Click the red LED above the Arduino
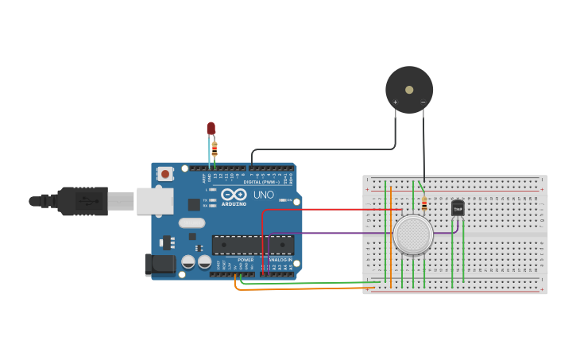(211, 127)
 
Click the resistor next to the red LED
(215, 149)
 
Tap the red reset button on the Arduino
(165, 173)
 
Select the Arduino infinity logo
(234, 194)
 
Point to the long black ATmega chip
(253, 245)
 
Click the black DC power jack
(160, 265)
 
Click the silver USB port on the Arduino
(154, 201)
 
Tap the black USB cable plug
(83, 201)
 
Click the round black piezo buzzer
(409, 89)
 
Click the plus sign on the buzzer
(396, 102)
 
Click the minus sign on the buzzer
(423, 102)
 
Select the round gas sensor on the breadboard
(413, 234)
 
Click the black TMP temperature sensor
(458, 208)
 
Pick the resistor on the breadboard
(424, 204)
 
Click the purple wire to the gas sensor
(334, 233)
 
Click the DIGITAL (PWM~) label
(267, 182)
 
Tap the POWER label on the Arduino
(245, 260)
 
